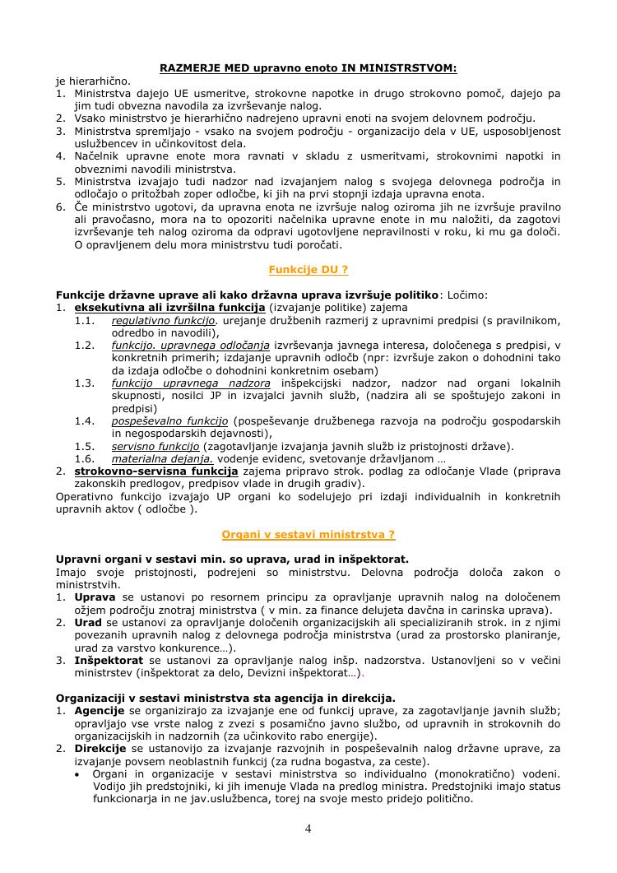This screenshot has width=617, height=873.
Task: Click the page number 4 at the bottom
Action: pos(308,829)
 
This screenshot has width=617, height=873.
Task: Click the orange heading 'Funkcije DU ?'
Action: pos(308,269)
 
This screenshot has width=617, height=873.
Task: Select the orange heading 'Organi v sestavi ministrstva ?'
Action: pos(308,534)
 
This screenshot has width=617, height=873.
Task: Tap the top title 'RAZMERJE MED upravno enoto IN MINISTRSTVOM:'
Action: pos(308,68)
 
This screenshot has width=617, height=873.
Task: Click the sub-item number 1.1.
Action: pos(85,319)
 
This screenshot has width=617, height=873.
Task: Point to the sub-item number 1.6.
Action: pos(85,458)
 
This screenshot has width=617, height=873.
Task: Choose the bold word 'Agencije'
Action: pos(100,710)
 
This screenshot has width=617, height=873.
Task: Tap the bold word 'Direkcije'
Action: pos(100,748)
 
